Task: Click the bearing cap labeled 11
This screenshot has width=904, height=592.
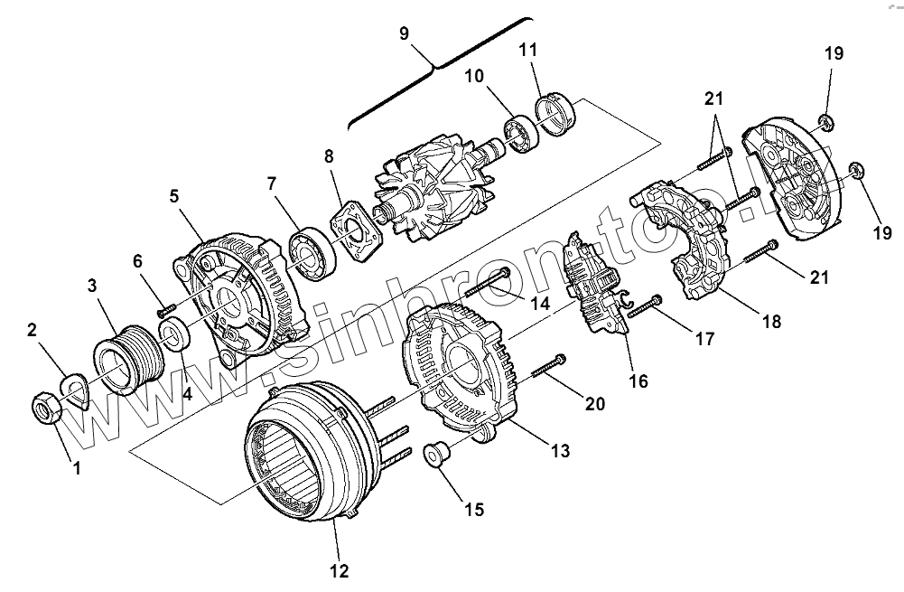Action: click(557, 115)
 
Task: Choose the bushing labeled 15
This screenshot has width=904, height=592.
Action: click(438, 453)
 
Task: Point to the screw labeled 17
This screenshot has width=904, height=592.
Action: click(643, 308)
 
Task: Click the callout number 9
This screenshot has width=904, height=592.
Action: click(404, 33)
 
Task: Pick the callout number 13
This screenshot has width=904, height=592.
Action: click(561, 450)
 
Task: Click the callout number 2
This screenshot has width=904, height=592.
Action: click(33, 331)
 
